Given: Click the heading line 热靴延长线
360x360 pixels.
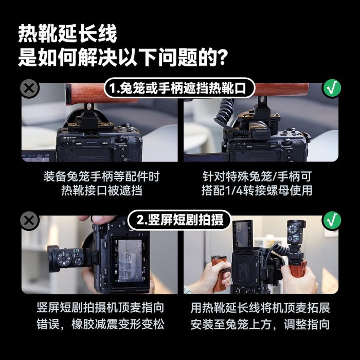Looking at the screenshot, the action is tap(68, 34).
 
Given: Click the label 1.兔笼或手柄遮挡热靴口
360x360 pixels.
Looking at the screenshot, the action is tap(179, 88).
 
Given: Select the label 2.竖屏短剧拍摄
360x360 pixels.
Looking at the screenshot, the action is tap(179, 220).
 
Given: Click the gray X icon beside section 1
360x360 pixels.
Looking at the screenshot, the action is tap(30, 88).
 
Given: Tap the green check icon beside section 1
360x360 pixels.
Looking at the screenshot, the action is tap(332, 88).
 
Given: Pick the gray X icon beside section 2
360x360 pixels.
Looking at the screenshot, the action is tap(30, 221).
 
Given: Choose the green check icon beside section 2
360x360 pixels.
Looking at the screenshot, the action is tap(332, 220).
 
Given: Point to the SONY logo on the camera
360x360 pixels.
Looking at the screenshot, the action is tap(69, 138).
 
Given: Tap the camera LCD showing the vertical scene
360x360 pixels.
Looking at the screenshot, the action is tap(127, 261).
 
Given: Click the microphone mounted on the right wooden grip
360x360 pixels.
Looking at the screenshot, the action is tap(296, 232).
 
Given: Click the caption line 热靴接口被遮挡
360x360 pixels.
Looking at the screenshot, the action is tap(102, 191).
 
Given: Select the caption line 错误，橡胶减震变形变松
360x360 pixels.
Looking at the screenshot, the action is tap(100, 324).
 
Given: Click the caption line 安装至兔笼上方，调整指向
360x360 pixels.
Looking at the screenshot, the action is tap(260, 324).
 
